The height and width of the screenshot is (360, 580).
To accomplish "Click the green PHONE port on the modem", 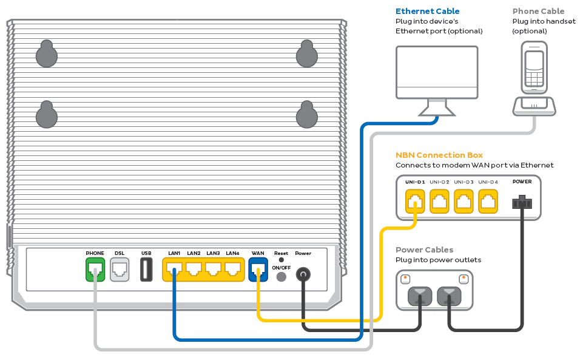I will pyautogui.click(x=95, y=270).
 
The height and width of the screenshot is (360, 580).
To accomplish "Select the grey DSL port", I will pyautogui.click(x=120, y=270).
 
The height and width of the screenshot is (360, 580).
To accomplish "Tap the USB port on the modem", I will pyautogui.click(x=146, y=270).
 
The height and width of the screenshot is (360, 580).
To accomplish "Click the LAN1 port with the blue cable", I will pyautogui.click(x=174, y=269).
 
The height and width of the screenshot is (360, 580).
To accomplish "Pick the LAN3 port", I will pyautogui.click(x=213, y=269).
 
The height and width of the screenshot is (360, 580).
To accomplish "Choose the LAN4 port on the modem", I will pyautogui.click(x=232, y=269).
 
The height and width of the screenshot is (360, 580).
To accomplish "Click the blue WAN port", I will pyautogui.click(x=258, y=269).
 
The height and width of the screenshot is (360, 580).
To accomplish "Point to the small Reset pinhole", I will pyautogui.click(x=281, y=260).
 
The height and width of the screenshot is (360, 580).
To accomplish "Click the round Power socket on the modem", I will pyautogui.click(x=303, y=275).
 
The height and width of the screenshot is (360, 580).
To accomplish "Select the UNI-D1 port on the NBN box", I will pyautogui.click(x=415, y=201).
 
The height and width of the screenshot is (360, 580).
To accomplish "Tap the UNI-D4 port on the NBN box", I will pyautogui.click(x=488, y=201).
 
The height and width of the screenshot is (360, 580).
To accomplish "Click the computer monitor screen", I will pyautogui.click(x=436, y=71).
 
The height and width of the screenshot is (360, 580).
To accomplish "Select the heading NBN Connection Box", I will pyautogui.click(x=439, y=155).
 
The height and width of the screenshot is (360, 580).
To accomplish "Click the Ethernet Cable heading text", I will pyautogui.click(x=427, y=11).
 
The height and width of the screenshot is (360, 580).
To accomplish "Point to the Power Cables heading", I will pyautogui.click(x=424, y=250).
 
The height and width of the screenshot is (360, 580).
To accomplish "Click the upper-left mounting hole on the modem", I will pyautogui.click(x=46, y=55).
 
